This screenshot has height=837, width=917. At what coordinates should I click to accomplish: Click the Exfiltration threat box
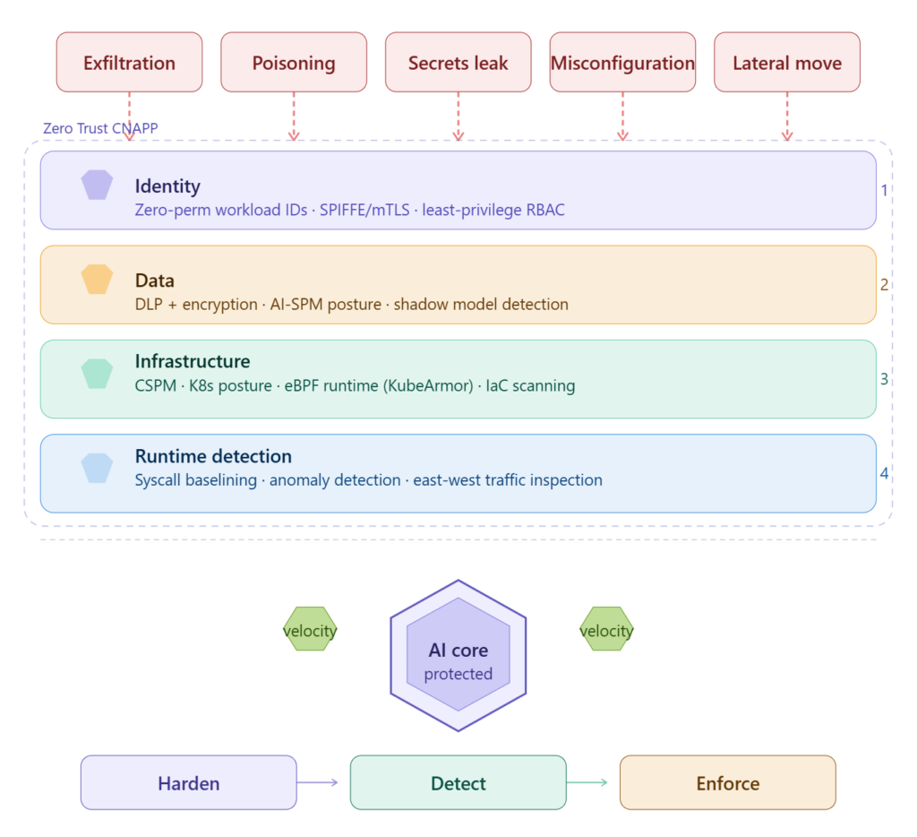point(129,63)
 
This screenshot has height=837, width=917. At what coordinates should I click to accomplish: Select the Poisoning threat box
point(294,63)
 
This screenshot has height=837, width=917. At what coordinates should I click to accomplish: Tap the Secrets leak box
point(458,63)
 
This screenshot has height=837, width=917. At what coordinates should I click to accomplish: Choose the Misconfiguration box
point(622,63)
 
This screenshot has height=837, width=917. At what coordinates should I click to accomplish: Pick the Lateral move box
point(787,63)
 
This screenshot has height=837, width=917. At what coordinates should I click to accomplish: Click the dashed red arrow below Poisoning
point(294,116)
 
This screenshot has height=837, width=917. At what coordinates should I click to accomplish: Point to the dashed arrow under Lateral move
point(787,116)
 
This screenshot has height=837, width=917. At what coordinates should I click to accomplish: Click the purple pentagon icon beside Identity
point(97,186)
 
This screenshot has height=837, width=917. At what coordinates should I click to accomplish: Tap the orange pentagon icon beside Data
point(97,280)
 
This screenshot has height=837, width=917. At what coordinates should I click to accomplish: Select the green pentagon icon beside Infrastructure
point(97,373)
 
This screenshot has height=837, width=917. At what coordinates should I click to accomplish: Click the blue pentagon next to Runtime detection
point(97,467)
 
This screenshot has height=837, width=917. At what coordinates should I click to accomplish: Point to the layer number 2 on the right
point(884,285)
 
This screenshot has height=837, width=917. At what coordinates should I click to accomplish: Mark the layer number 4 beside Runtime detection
point(884,472)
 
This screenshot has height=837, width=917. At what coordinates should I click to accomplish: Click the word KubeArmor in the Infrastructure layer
point(435,386)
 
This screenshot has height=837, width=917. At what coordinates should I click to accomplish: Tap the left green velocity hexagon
point(310,630)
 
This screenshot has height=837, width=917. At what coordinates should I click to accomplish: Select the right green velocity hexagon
point(606,630)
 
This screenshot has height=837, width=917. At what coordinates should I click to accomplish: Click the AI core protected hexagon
point(458,654)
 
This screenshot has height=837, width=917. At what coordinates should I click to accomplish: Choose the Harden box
point(188,782)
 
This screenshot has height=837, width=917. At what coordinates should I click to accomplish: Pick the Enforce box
point(727,782)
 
